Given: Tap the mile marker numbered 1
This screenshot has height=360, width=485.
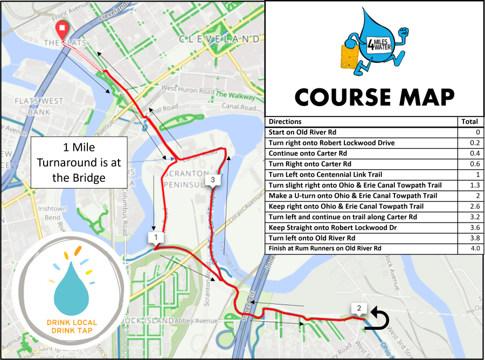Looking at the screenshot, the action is tap(155, 237).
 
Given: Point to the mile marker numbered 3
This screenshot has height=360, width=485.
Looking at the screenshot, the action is tap(213, 179).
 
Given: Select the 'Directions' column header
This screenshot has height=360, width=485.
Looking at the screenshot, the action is tap(285, 122).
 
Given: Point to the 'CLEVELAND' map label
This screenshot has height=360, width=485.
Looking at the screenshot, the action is tap(219, 39).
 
